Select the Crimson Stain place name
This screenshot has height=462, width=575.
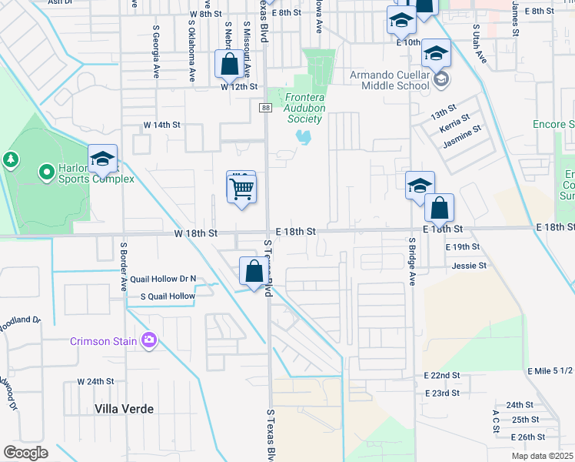[104, 341]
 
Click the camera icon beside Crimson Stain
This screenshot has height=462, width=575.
[149, 340]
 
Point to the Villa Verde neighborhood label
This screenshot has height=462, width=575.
[124, 409]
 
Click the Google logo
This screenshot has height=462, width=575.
[25, 452]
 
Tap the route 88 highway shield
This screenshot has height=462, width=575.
[266, 109]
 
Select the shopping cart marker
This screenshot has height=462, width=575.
[241, 187]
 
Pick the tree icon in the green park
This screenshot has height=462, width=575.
[10, 159]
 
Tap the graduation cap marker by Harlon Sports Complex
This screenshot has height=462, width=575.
[102, 159]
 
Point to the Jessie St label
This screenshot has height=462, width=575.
[470, 266]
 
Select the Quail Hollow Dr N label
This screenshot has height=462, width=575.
[164, 279]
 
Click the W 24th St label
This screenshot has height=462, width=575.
[95, 381]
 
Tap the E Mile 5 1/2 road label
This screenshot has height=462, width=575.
[550, 371]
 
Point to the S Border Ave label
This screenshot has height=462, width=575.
[123, 266]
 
